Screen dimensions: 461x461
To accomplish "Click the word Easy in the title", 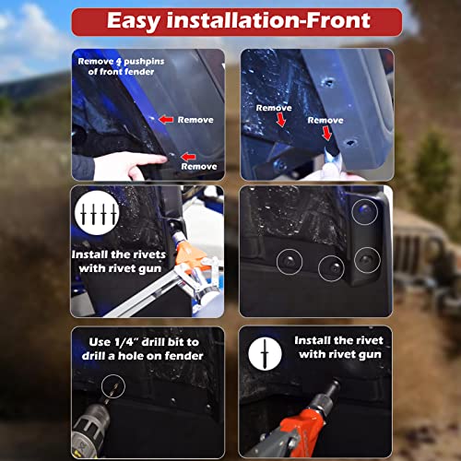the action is (134, 22).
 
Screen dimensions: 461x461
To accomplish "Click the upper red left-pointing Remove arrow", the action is (166, 119).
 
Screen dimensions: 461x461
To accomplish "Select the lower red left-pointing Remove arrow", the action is (188, 157).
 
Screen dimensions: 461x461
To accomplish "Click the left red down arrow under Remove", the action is (281, 120).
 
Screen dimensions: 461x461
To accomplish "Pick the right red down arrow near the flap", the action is (327, 134).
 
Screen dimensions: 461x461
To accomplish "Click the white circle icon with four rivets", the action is (97, 213).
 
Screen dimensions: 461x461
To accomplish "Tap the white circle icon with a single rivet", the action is (265, 353).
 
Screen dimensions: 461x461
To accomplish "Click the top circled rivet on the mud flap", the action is (365, 212).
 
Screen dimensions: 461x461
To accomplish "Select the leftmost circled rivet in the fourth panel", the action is (290, 262).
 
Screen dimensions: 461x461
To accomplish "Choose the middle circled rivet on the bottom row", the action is (331, 268).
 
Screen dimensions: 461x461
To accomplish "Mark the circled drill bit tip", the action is (113, 386).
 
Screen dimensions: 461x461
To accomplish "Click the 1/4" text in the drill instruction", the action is (126, 342).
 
